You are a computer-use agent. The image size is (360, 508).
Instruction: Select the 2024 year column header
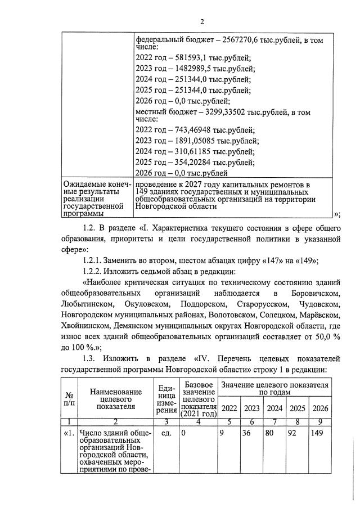pyautogui.click(x=275, y=408)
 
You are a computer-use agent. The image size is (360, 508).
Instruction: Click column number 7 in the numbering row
pyautogui.click(x=275, y=421)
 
